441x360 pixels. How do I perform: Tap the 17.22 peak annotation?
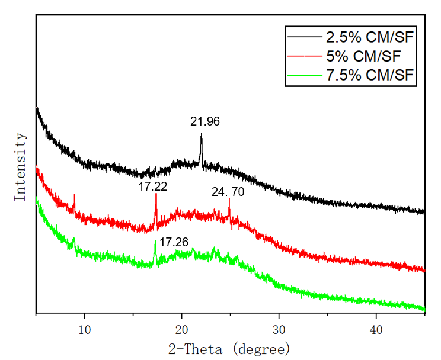click(153, 187)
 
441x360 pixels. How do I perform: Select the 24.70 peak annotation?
click(228, 192)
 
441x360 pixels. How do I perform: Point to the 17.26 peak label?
click(174, 242)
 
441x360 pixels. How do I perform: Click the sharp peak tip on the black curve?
click(202, 135)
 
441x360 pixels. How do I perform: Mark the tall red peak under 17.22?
click(156, 195)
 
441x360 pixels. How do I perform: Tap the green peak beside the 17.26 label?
click(155, 242)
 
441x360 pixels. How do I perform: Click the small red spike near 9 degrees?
click(74, 195)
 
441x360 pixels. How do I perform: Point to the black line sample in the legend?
click(304, 38)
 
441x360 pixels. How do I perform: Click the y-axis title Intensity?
click(20, 167)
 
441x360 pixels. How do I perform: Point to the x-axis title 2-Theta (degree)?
click(231, 347)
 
